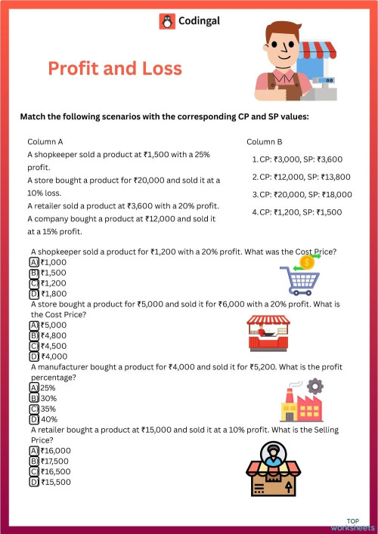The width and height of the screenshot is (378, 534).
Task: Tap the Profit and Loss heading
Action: click(115, 69)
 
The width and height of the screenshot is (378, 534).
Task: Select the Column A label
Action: click(45, 141)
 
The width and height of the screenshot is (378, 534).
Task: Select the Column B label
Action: click(265, 141)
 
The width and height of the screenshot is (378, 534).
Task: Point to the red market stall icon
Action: click(268, 333)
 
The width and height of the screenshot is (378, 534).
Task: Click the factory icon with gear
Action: click(302, 400)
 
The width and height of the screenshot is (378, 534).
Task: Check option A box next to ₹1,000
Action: click(34, 261)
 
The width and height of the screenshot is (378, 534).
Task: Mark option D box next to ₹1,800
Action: click(34, 294)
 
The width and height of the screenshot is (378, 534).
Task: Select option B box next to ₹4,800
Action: click(34, 335)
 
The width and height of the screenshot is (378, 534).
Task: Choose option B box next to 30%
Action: click(34, 397)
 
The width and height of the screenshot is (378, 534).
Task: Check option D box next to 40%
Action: click(34, 419)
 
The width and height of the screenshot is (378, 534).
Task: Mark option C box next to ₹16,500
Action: click(34, 471)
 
